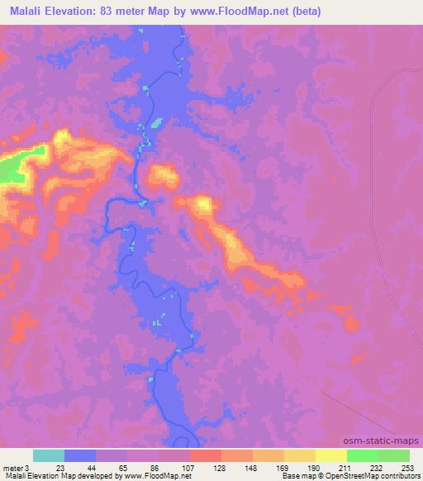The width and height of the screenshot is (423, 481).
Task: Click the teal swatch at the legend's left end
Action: [x=49, y=455]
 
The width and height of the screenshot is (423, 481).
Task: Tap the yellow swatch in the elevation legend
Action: [x=330, y=455]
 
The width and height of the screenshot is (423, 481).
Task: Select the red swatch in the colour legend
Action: [x=205, y=455]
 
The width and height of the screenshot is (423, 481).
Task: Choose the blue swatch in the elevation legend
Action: [x=80, y=455]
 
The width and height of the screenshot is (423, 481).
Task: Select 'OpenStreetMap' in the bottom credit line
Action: [x=358, y=476]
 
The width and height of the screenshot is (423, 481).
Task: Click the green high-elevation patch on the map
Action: [x=10, y=170]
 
